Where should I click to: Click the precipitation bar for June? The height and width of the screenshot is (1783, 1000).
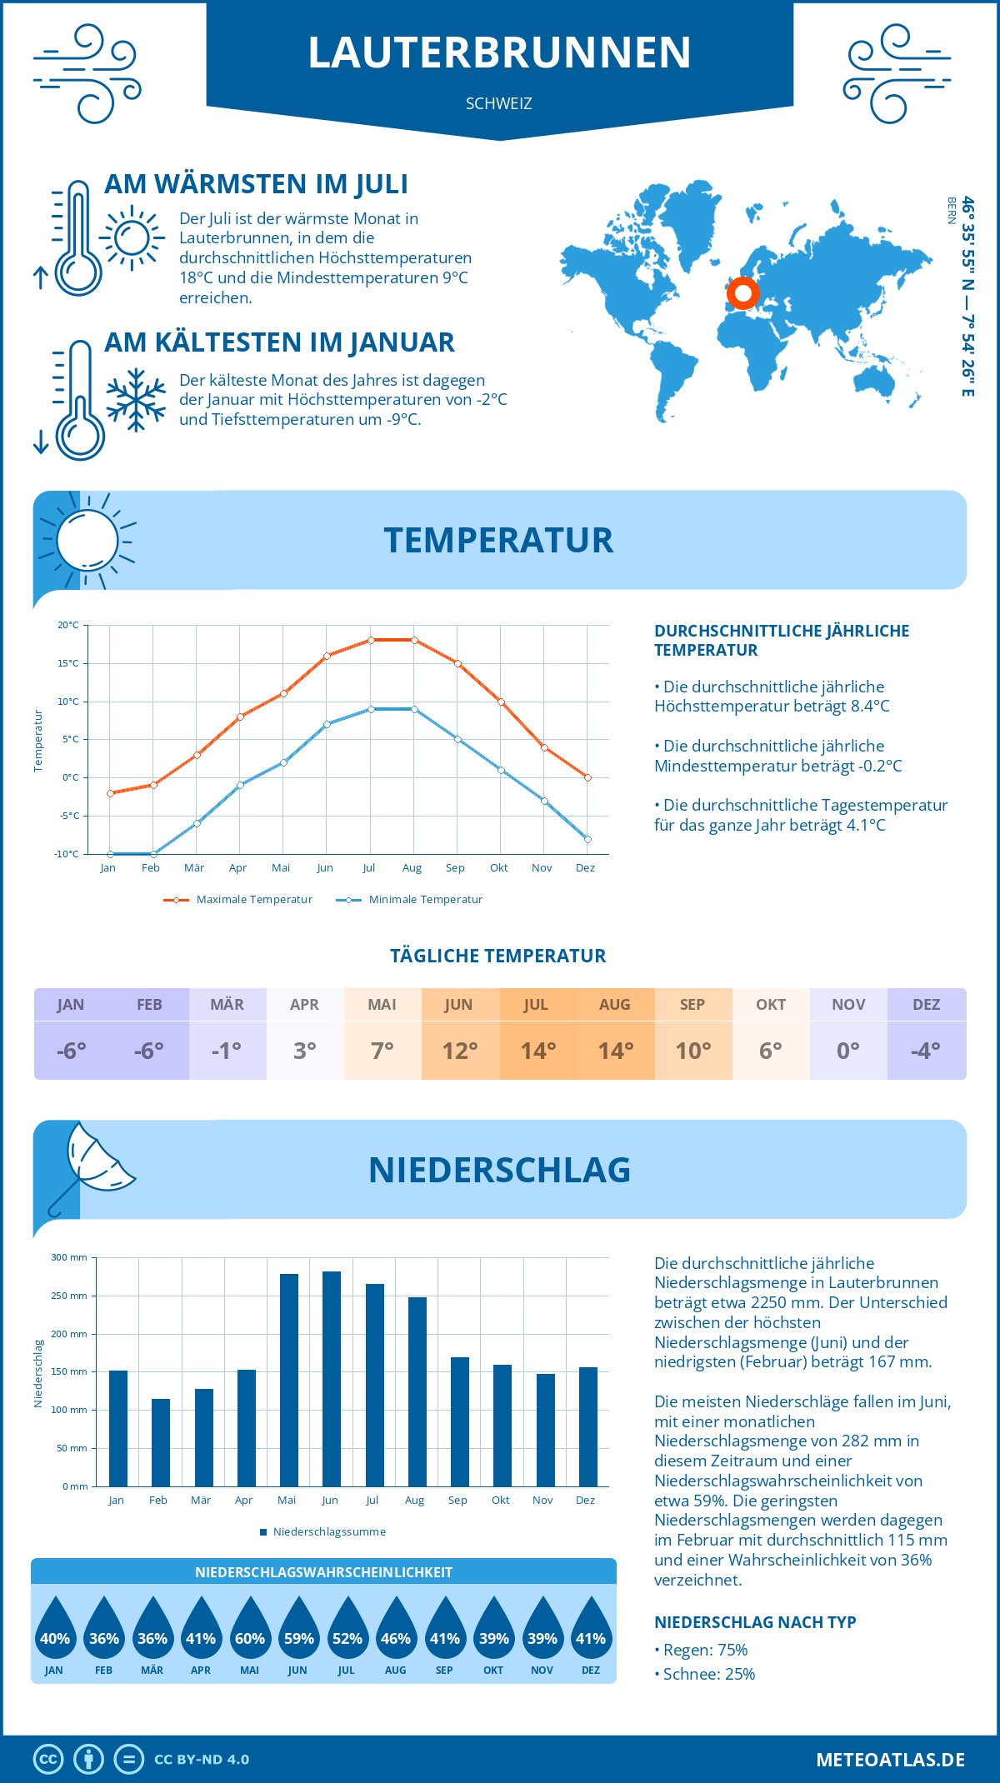pos(331,1379)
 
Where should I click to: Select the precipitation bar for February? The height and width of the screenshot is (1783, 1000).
pos(160,1442)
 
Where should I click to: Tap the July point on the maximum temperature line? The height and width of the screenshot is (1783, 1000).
pos(371,640)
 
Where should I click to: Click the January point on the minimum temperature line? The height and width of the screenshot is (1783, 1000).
pos(110,854)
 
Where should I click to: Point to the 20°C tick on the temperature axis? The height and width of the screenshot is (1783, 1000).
pos(68,625)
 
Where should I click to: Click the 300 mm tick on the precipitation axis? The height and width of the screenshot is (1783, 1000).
pos(69,1257)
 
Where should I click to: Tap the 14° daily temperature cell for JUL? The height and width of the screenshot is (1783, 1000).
pos(538,1051)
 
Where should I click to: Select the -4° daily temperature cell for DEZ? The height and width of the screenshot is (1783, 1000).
pos(926,1051)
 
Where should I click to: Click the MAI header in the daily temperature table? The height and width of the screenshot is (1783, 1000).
pos(382,1005)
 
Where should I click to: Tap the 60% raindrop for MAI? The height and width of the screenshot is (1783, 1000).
pos(250,1629)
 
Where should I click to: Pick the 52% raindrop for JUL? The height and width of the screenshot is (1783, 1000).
pos(347,1629)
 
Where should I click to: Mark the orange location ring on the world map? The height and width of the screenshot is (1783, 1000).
pos(742,293)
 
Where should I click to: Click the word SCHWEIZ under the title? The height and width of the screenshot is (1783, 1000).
pos(499,104)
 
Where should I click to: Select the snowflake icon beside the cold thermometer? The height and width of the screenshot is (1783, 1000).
pos(136,400)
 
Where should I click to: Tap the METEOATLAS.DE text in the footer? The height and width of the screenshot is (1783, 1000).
pos(890,1760)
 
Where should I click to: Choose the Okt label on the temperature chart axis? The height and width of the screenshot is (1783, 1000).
pos(498,868)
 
